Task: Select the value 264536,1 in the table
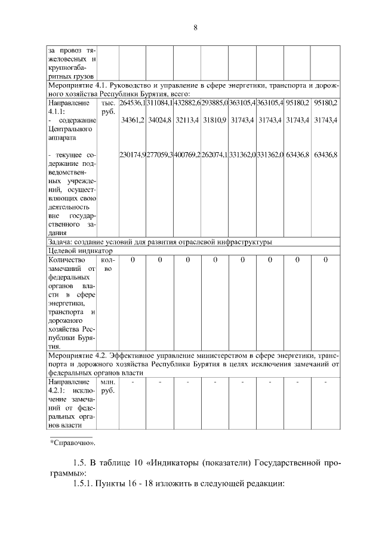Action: (133, 103)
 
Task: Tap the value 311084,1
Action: (160, 103)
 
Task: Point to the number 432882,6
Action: (187, 103)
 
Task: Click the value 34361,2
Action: (133, 121)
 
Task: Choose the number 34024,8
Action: (160, 121)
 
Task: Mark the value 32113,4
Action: (187, 121)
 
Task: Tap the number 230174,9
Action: (133, 155)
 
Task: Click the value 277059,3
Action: (160, 155)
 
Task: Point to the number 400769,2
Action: (187, 155)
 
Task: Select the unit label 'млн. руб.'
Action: (108, 386)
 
